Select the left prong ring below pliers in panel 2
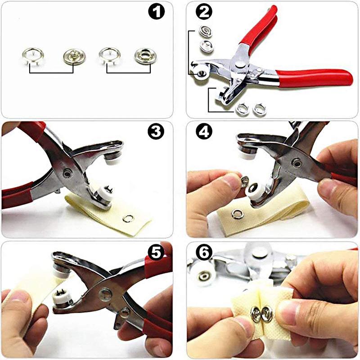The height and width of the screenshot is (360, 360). (242, 108)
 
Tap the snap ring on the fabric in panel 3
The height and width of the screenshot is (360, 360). (129, 219)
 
